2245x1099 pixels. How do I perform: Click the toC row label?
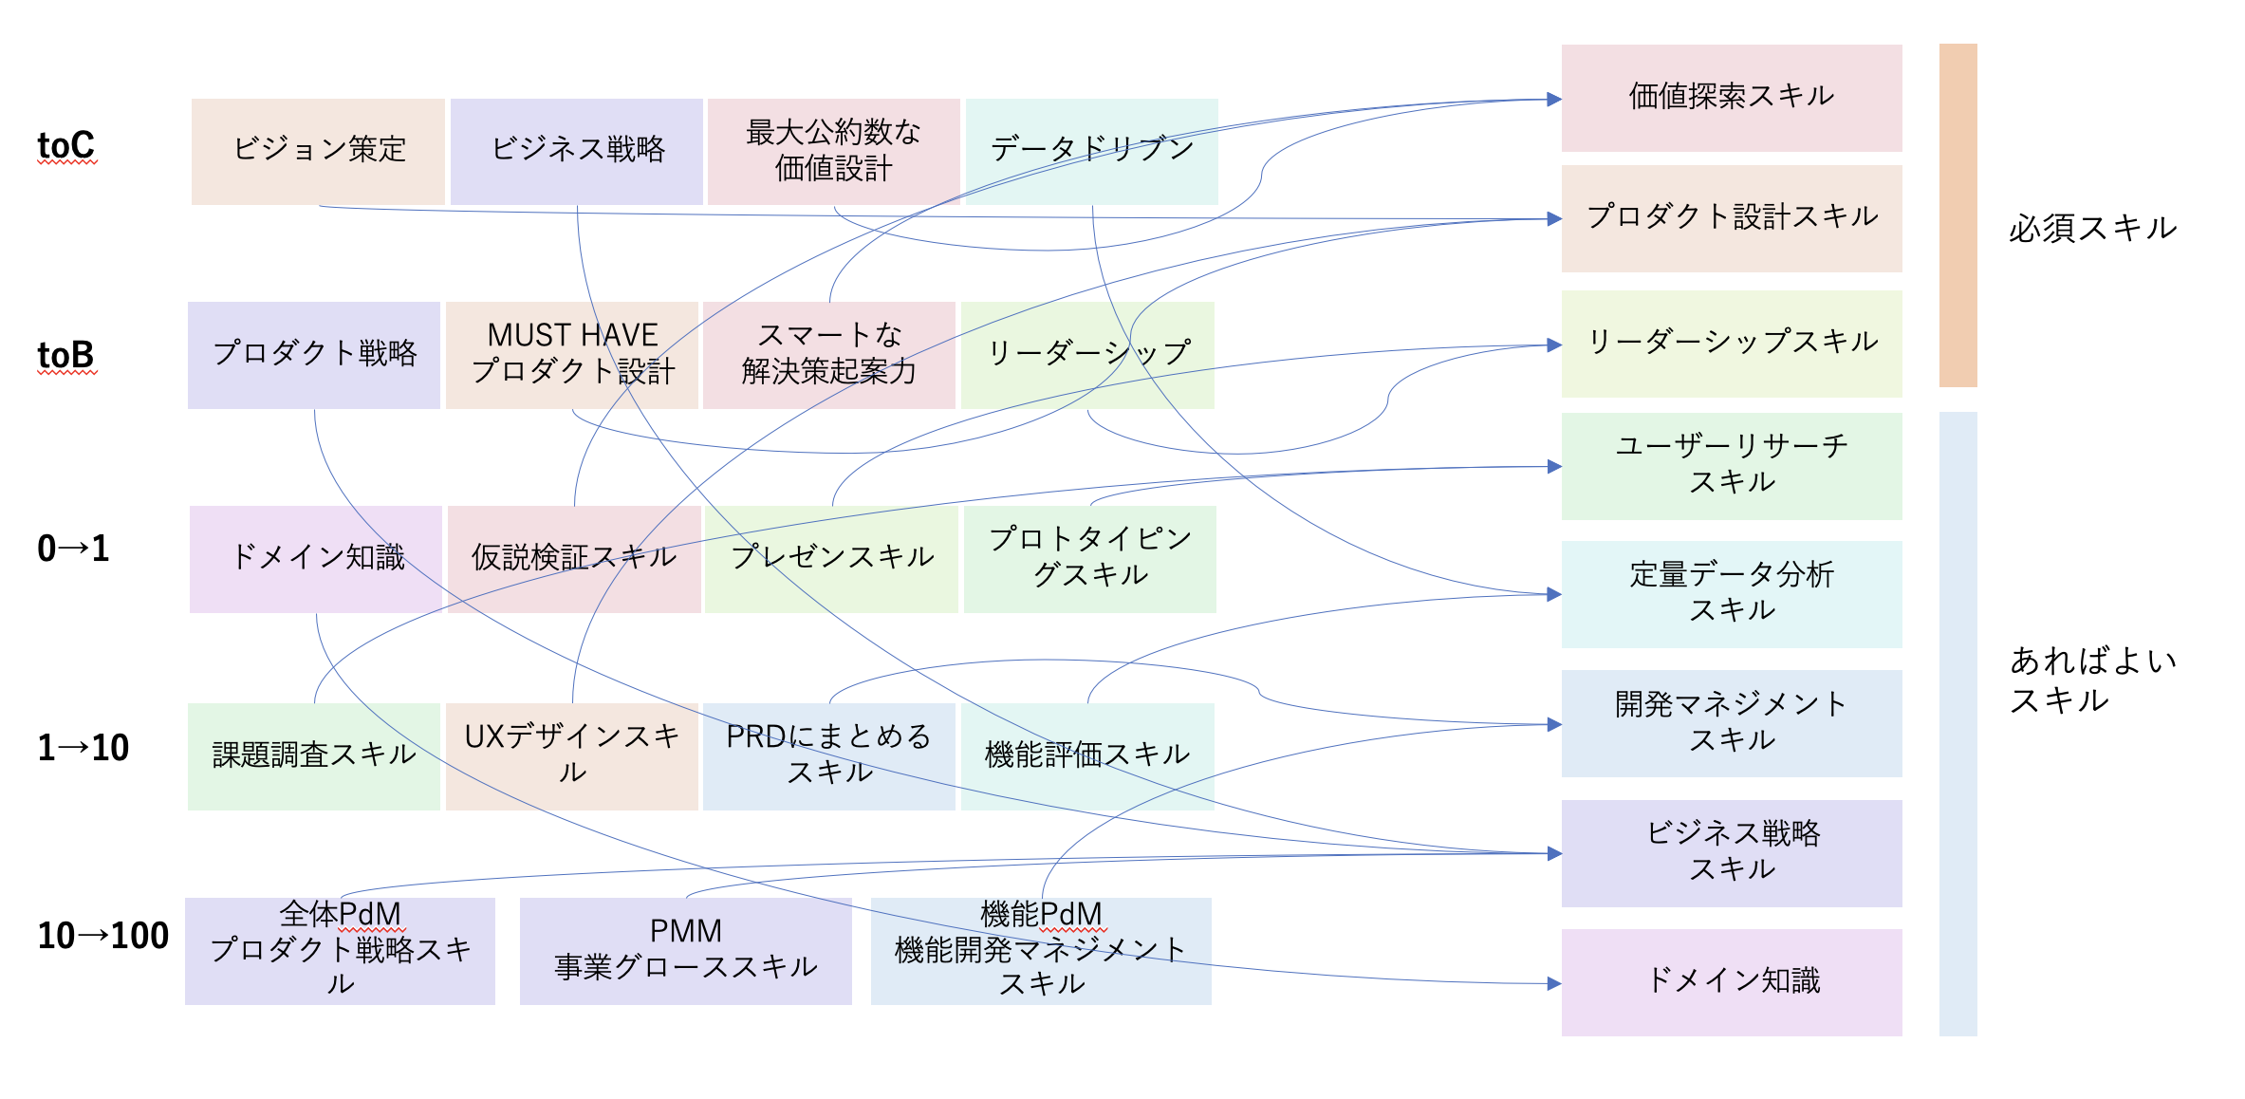tap(66, 146)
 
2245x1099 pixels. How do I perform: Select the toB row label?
tap(66, 356)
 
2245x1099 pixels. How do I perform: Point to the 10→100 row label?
tap(102, 936)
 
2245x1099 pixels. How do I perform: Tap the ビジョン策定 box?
tap(318, 151)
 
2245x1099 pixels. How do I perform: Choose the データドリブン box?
tap(1091, 151)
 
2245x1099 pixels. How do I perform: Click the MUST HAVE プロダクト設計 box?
tap(572, 355)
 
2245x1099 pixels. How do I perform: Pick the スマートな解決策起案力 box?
tap(829, 355)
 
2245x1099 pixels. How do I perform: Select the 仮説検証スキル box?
tap(574, 559)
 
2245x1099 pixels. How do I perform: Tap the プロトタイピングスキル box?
tap(1090, 559)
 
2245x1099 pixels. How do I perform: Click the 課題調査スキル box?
tap(314, 756)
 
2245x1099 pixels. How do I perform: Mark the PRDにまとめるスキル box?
tap(829, 756)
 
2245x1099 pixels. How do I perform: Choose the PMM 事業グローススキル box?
tap(685, 951)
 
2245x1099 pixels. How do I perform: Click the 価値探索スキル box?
tap(1732, 98)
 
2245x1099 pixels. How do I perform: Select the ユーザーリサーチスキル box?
tap(1732, 466)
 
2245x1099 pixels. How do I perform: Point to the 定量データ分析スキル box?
tap(1732, 594)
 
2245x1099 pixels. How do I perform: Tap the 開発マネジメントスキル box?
tap(1732, 723)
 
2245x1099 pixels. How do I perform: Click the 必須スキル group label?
tap(2092, 229)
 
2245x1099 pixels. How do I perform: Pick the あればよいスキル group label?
tap(2092, 680)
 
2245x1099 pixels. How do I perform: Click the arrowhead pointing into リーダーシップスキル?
tap(1554, 345)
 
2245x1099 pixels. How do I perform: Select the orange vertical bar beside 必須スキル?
tap(1957, 215)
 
